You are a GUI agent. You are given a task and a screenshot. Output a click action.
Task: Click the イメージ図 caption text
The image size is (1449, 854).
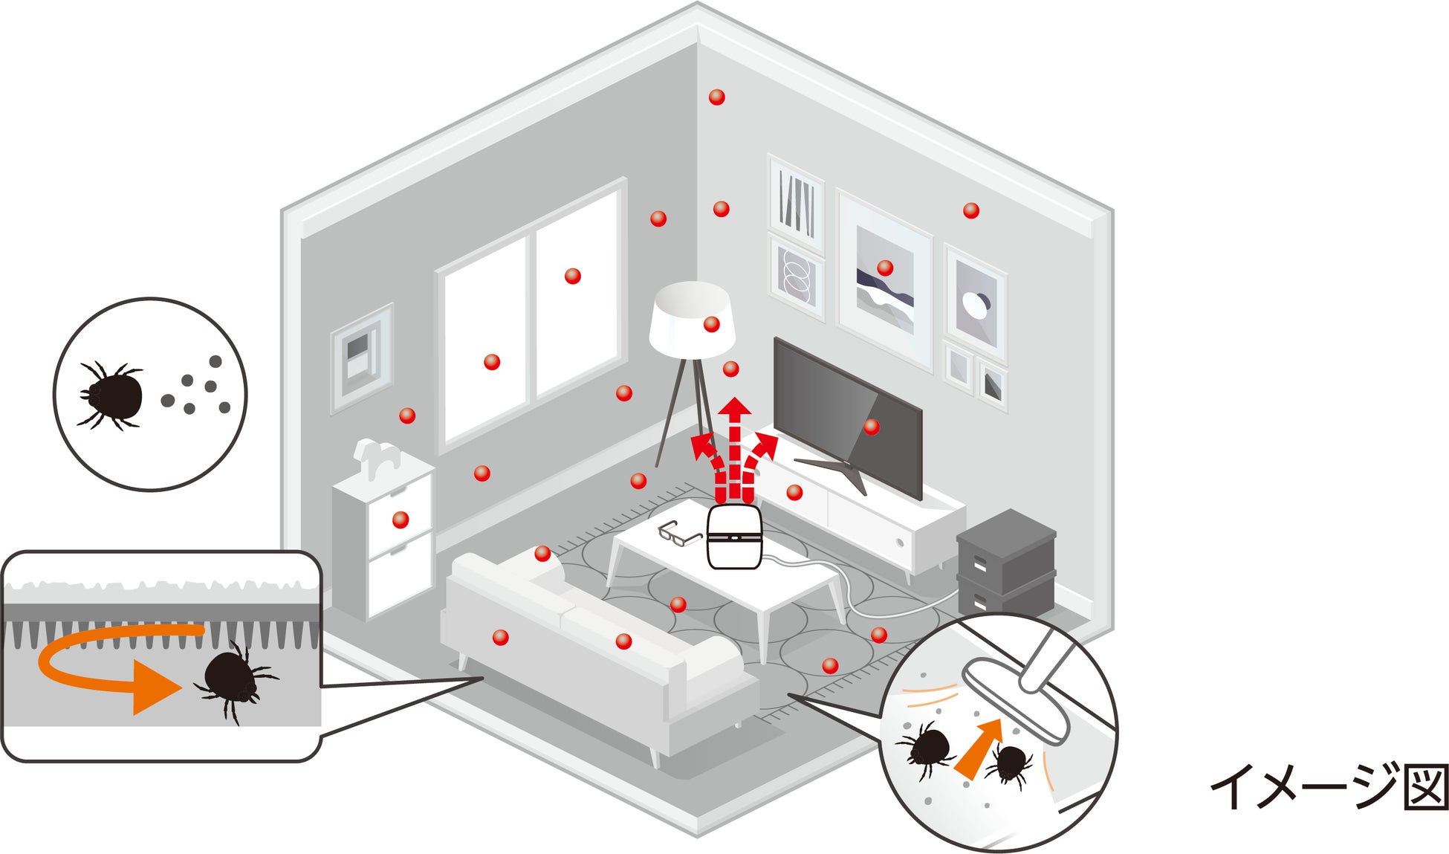pyautogui.click(x=1329, y=786)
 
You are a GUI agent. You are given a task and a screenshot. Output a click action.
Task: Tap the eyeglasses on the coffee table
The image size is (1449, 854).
pyautogui.click(x=679, y=531)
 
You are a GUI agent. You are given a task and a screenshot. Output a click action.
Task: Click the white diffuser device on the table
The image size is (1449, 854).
pyautogui.click(x=733, y=537)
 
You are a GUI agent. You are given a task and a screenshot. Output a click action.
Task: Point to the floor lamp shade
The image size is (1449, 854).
pyautogui.click(x=691, y=320)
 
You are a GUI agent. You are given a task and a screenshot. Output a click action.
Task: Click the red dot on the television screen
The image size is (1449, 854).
pyautogui.click(x=872, y=427)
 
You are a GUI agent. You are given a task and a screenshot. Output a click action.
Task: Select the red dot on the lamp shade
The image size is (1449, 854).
pyautogui.click(x=711, y=324)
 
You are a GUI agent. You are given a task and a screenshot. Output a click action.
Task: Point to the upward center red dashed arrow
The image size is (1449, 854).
pyautogui.click(x=736, y=446)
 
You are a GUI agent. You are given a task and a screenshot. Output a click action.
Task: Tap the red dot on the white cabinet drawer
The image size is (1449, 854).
pyautogui.click(x=401, y=520)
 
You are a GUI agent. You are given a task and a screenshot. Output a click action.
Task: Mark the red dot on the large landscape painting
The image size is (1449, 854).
pyautogui.click(x=884, y=268)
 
